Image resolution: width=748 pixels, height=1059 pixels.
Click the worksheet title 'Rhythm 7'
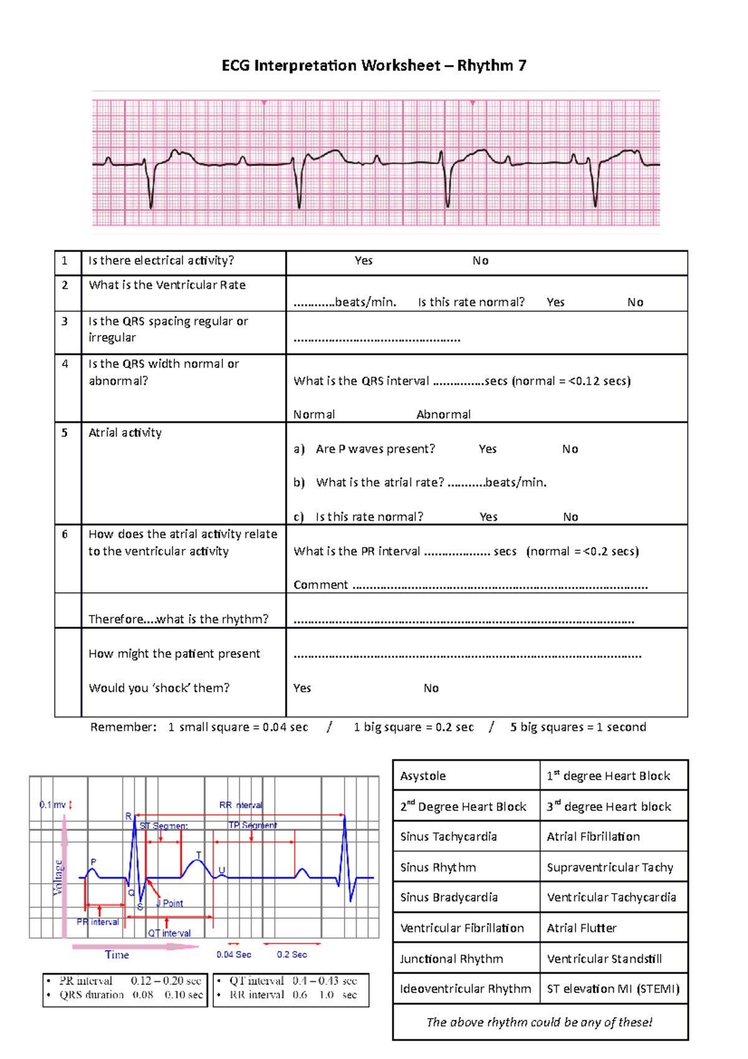tap(491, 65)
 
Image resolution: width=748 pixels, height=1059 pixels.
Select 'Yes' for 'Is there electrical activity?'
tap(363, 261)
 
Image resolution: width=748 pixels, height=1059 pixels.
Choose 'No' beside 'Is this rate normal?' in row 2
tap(635, 302)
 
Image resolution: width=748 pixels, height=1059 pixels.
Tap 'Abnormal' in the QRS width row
tap(443, 415)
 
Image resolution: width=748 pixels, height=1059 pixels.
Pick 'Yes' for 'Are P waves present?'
tap(487, 449)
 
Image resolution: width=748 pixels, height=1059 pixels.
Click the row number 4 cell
tap(65, 364)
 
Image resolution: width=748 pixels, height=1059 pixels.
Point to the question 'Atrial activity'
tap(125, 433)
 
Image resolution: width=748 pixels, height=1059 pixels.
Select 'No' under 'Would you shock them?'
tap(431, 689)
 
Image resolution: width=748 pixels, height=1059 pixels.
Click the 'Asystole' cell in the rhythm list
tap(423, 776)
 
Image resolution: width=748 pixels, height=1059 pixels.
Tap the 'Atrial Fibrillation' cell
tap(593, 837)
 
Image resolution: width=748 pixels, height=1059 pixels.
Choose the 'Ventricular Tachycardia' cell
tap(611, 897)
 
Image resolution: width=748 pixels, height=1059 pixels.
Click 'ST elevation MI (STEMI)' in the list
tap(613, 989)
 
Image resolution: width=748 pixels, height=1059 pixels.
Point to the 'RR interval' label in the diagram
tap(241, 805)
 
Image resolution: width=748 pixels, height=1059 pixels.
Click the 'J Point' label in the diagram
tap(171, 903)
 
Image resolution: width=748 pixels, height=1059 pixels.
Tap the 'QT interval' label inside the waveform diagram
tap(170, 933)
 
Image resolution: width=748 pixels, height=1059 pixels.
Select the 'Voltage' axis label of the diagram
tap(58, 878)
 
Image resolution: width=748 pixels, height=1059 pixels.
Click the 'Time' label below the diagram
tap(117, 955)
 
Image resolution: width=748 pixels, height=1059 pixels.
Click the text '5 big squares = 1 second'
tap(578, 727)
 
